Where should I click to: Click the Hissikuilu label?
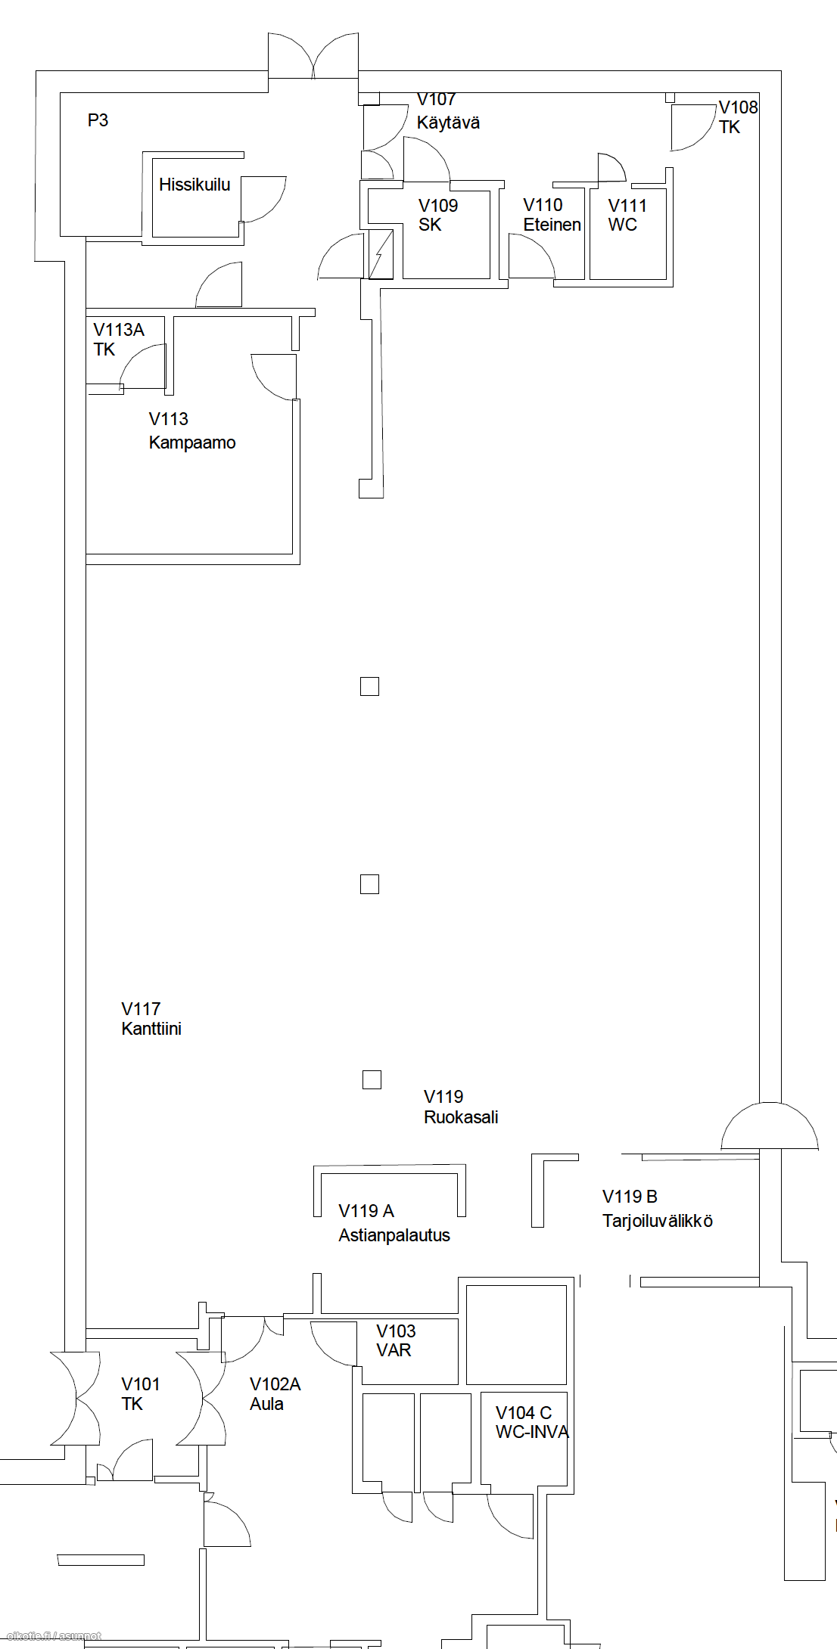pos(194,185)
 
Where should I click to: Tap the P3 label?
pos(98,120)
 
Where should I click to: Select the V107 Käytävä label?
pos(448,111)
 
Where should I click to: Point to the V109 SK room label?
pos(438,215)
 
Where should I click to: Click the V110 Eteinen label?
pos(552,215)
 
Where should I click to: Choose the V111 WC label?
pos(627,215)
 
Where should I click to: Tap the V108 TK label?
pos(738,117)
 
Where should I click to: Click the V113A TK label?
pos(119,340)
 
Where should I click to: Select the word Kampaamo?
pos(192,443)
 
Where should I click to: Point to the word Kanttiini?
pos(151,1029)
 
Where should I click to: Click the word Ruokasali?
pos(461,1117)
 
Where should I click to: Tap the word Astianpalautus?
pos(394,1235)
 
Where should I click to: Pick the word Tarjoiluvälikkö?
pos(658,1221)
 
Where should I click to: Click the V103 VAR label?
pos(396,1340)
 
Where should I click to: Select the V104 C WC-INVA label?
pos(532,1422)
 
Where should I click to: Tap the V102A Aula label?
pos(275,1394)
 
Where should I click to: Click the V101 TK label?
pos(141,1394)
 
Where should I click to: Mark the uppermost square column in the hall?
pos(369,686)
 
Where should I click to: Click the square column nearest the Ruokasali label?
pos(372,1079)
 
